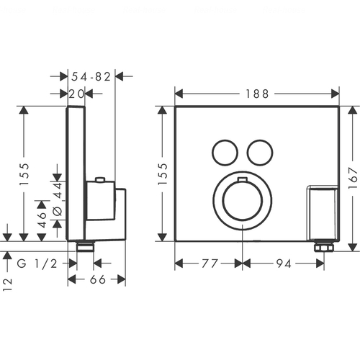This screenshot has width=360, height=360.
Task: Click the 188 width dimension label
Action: (257, 94)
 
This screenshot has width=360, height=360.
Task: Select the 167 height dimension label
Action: (353, 178)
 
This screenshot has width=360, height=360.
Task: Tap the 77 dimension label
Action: (210, 264)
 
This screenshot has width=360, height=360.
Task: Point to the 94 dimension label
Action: (284, 264)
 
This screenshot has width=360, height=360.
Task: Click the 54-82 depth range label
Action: (91, 76)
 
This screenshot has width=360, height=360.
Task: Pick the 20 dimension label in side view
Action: (77, 94)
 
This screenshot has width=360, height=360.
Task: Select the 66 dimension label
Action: (98, 279)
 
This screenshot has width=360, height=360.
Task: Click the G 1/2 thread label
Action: (37, 264)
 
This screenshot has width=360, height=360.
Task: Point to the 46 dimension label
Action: (42, 220)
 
